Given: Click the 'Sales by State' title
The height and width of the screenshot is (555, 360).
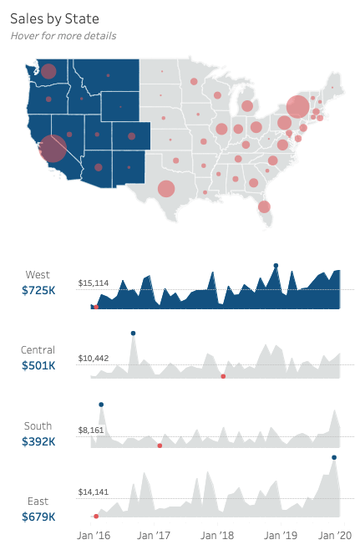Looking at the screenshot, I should pos(55,18).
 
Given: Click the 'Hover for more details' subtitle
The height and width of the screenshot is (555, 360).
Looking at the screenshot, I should pos(63,36).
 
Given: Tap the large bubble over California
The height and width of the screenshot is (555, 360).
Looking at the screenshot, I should pos(53,149).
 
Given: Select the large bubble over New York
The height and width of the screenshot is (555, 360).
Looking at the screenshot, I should pos(297,107).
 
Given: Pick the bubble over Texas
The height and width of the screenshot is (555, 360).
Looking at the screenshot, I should pos(166,188).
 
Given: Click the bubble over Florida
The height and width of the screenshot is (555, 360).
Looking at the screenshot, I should pos(264,206).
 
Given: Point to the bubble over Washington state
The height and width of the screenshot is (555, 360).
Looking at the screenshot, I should pos(48,71).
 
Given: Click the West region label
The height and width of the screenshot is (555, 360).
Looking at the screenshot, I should pos(38,274).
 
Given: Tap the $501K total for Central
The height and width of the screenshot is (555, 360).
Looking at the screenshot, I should pos(38,365).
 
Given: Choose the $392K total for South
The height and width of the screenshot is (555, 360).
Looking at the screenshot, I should pos(38,441).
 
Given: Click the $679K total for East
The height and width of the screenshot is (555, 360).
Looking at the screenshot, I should pos(38,517).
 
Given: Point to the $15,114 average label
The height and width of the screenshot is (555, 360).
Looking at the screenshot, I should pos(93,283).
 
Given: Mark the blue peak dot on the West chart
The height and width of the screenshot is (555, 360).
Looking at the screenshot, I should pos(276,266).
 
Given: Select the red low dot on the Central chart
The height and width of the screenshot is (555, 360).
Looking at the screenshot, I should pos(223,376).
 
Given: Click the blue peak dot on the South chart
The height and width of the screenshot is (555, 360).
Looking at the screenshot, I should pos(101,405).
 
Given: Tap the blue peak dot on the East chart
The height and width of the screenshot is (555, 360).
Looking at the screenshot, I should pos(334,457).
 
